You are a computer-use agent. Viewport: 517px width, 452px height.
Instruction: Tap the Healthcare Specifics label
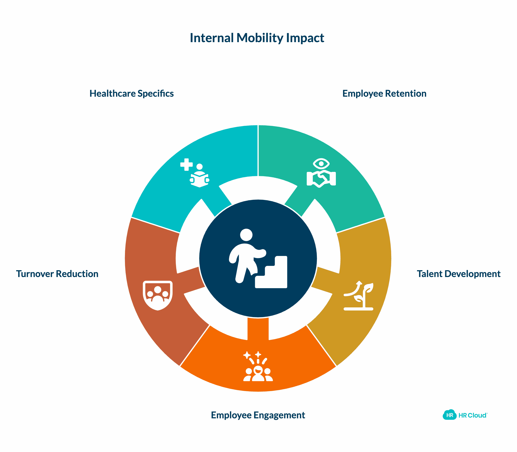131,94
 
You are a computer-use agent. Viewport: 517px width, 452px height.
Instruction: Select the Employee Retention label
384,94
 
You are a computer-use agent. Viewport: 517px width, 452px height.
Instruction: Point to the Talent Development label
458,274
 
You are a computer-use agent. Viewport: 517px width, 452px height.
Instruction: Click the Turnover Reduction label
57,274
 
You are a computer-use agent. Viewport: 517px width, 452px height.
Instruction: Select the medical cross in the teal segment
186,165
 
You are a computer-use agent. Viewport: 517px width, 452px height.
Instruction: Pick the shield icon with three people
158,295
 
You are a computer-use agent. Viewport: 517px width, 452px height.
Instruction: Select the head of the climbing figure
246,235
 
